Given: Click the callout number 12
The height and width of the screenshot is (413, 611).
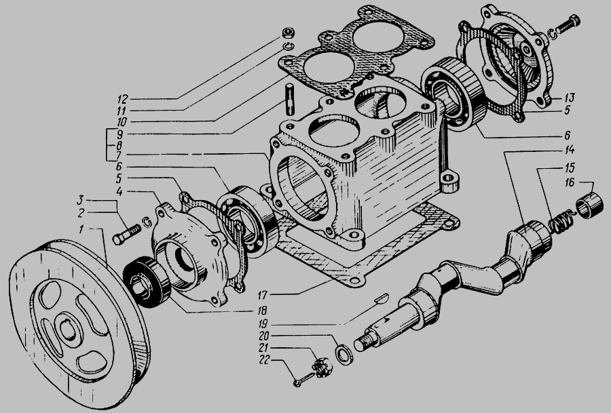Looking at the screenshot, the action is pyautogui.click(x=122, y=99).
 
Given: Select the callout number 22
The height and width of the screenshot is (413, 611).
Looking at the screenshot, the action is pyautogui.click(x=264, y=360).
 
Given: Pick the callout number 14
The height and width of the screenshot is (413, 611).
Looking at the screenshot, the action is pyautogui.click(x=570, y=151).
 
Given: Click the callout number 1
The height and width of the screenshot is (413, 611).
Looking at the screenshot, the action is pyautogui.click(x=81, y=230).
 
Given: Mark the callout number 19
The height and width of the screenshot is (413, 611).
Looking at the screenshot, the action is pyautogui.click(x=264, y=324).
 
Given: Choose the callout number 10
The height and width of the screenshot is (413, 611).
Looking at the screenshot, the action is pyautogui.click(x=122, y=122).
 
